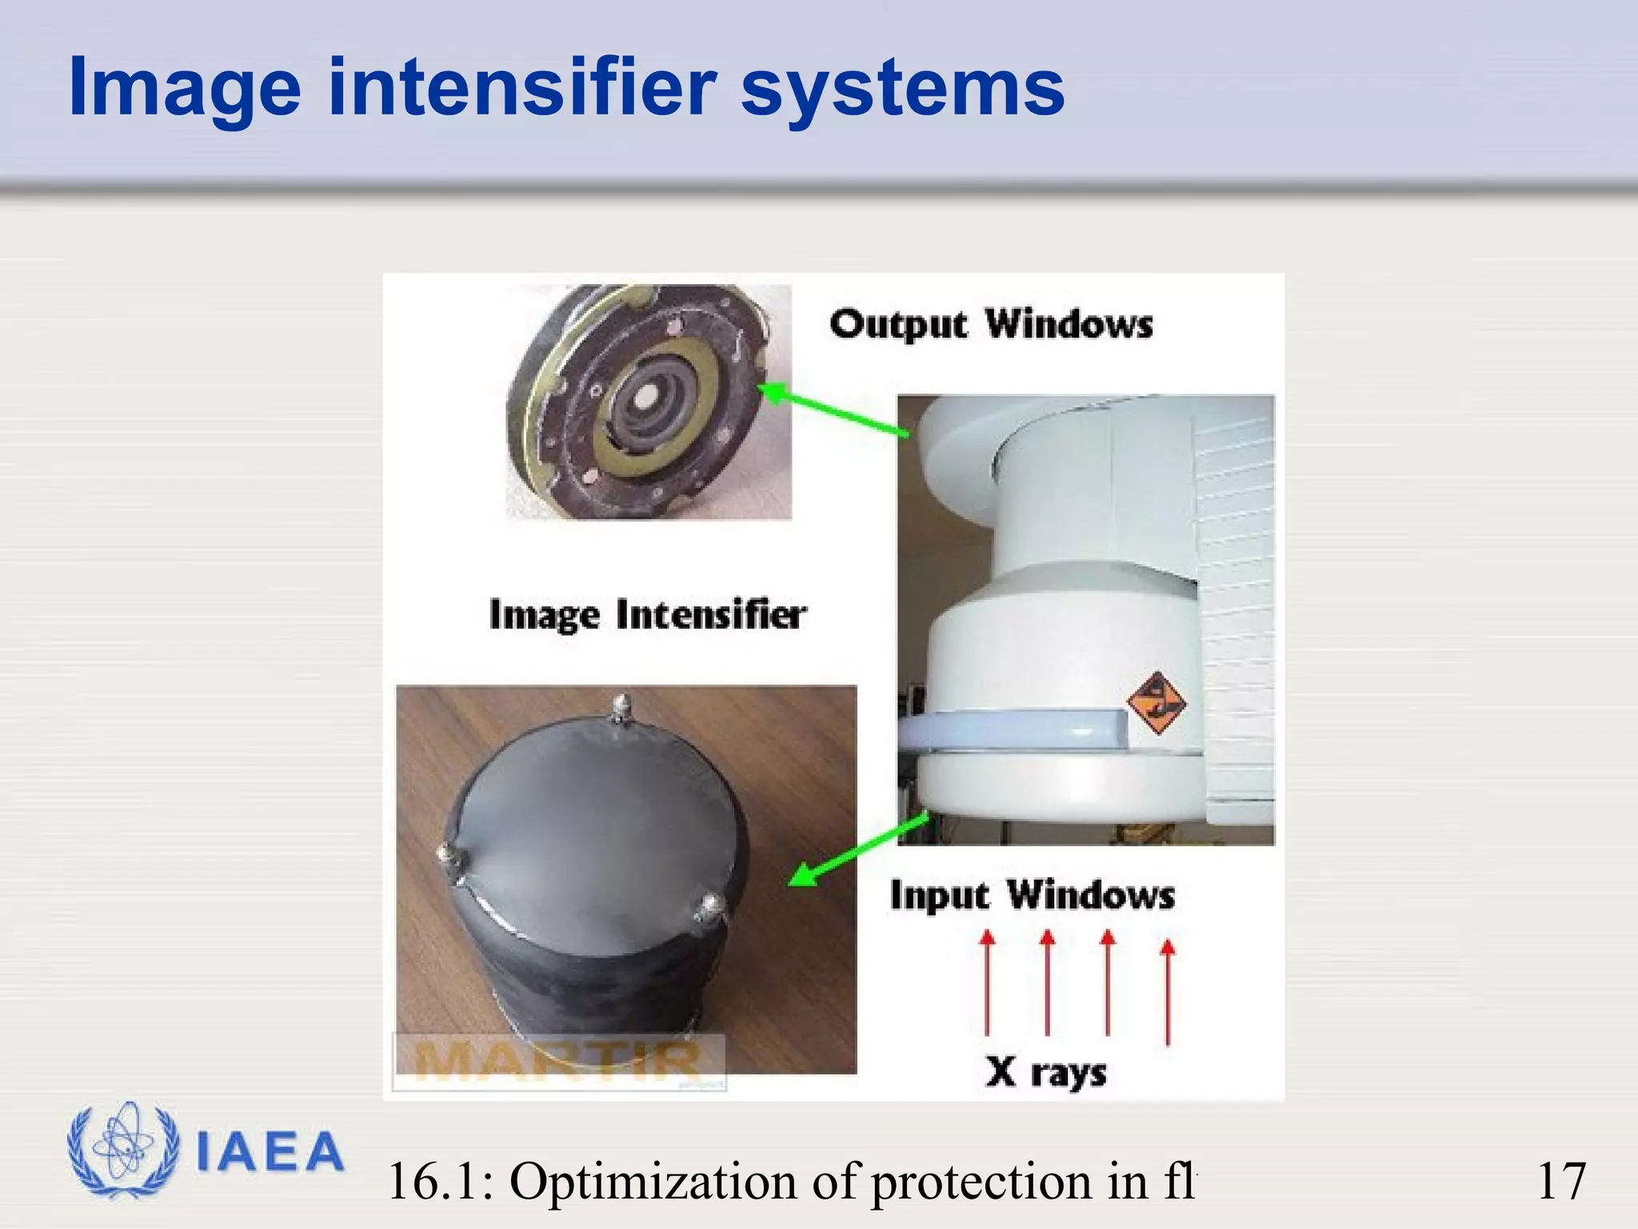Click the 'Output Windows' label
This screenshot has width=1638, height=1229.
(991, 325)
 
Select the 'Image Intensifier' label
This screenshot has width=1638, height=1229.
(647, 615)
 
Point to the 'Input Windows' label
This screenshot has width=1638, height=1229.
(1032, 895)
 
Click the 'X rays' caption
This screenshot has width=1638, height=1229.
(1046, 1071)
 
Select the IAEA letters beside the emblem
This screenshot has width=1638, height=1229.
(270, 1152)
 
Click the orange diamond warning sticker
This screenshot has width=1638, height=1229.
(1156, 703)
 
